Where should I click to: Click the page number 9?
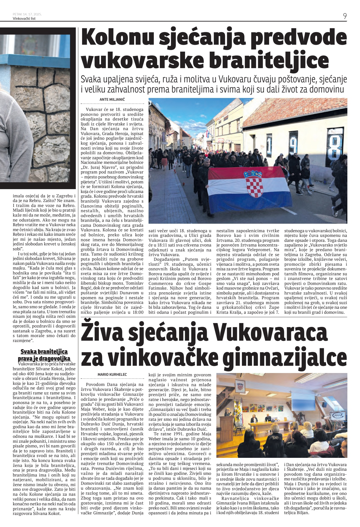coord(345,16)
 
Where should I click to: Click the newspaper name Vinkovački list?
coord(24,19)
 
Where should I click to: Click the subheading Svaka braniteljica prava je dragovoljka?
coord(44,355)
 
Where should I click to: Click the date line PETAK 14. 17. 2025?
coord(27,14)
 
